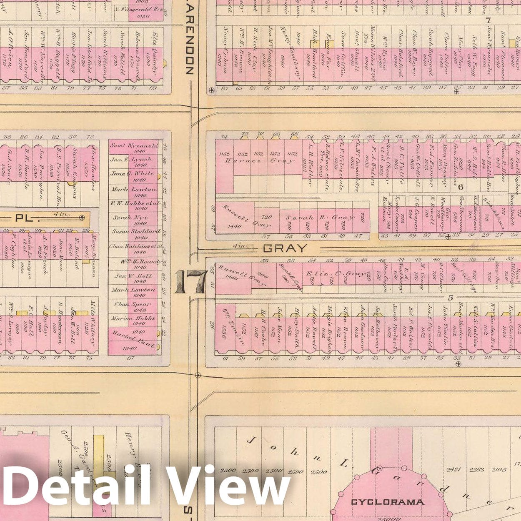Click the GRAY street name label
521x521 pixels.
click(285, 249)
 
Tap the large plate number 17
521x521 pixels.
click(190, 282)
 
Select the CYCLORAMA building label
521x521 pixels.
click(387, 502)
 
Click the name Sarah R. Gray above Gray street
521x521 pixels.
click(319, 218)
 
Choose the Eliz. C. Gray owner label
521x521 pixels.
click(338, 274)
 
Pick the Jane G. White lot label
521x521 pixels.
click(132, 173)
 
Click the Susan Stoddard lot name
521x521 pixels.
click(135, 231)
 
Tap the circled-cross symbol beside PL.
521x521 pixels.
click(82, 218)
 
